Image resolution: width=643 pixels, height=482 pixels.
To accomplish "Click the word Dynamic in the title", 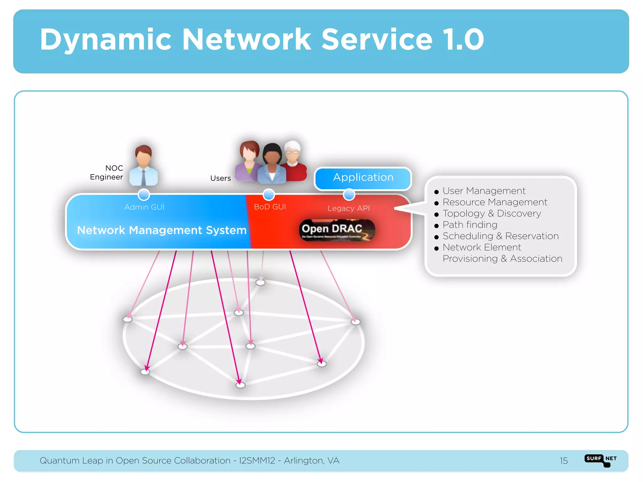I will pos(105,40).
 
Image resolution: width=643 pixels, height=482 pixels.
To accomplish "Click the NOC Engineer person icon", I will pos(143,165).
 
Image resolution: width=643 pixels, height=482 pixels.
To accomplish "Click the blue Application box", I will pos(363,178).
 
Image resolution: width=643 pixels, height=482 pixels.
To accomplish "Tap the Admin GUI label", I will pos(144,207).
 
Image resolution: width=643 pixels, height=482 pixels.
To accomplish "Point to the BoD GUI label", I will pos(270,207).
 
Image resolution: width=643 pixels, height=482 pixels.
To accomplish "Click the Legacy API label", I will pos(349,208).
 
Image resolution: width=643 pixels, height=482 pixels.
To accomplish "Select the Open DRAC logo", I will pos(337,230).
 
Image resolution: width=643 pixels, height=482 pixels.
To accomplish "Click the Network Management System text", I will pos(162,230).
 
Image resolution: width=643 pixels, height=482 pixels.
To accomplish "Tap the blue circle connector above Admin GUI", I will pos(144,195).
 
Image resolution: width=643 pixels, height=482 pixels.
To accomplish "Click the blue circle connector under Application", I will pos(349,195).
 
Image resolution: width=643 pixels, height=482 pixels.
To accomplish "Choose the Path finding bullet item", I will pos(470,225).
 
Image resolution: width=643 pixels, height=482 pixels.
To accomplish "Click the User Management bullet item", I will pos(484,191).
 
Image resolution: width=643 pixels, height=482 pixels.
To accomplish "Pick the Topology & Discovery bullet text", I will pos(492,213).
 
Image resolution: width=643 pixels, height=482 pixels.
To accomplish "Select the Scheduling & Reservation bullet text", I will pos(500,236).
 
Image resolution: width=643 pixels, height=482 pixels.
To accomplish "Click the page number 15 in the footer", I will pos(564,461).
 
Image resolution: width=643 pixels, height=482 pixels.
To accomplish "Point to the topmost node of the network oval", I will pos(261,282).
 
